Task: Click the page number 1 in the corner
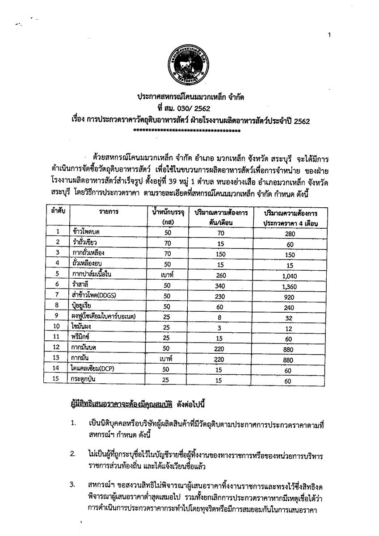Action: [x=329, y=35]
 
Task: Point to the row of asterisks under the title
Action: [x=187, y=131]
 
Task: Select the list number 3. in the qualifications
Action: [x=73, y=485]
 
